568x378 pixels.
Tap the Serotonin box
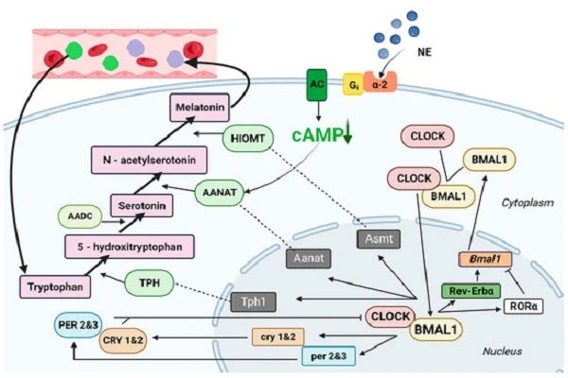140,204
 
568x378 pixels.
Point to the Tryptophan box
51,284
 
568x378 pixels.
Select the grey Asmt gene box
376,240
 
